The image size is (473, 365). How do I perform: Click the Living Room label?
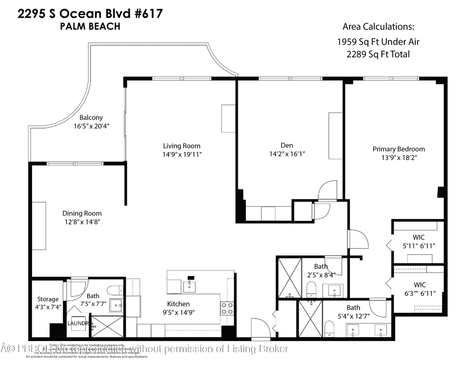[182, 146]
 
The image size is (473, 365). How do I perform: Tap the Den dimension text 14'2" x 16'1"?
[286, 154]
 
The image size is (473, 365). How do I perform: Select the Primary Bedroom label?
[399, 149]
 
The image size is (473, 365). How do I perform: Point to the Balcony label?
[91, 117]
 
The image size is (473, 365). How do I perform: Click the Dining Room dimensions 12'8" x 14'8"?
[82, 222]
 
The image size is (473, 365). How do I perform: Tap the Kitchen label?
[178, 304]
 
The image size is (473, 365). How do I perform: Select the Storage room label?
[47, 299]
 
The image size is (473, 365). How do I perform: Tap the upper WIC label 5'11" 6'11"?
[418, 246]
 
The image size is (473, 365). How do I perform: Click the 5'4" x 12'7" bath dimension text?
[353, 316]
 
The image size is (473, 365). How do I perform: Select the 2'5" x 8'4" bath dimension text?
[321, 275]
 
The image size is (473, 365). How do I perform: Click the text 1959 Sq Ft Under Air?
[378, 42]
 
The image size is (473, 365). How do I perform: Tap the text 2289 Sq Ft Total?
[378, 54]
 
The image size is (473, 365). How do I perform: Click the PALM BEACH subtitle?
[90, 26]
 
